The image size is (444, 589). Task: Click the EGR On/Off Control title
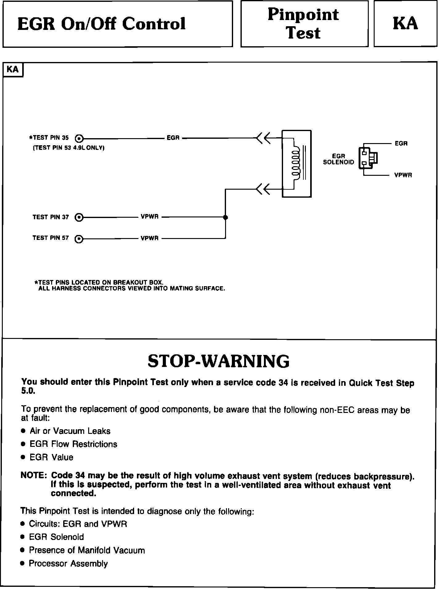[101, 24]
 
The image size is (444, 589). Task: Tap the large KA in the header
[405, 24]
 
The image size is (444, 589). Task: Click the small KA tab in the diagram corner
[13, 69]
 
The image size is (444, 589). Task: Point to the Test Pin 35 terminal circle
[79, 138]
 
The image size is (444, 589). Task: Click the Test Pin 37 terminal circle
[79, 217]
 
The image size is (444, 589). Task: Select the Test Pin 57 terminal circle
[79, 239]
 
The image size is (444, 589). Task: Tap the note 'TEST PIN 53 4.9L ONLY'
[68, 148]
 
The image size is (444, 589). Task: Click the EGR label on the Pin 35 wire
[173, 138]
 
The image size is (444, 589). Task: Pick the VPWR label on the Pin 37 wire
[150, 217]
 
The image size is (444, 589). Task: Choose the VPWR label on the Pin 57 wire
[150, 238]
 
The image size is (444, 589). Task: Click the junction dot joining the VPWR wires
[225, 217]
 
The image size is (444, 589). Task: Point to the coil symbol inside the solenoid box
[296, 163]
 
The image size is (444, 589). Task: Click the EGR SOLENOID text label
[338, 159]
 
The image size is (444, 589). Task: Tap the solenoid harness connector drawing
[368, 158]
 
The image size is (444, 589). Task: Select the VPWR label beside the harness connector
[403, 175]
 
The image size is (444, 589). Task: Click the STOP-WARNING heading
[219, 361]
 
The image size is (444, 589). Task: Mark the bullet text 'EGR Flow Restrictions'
[73, 444]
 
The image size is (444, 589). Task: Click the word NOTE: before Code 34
[33, 476]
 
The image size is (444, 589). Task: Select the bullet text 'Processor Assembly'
[68, 563]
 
